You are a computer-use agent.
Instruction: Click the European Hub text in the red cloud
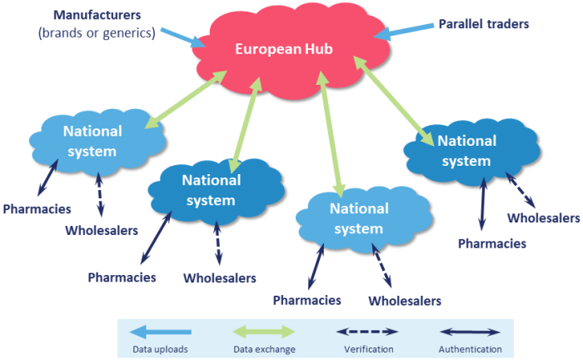pos(284,49)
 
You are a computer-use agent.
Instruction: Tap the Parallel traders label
pos(484,23)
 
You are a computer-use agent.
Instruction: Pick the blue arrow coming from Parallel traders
pos(404,31)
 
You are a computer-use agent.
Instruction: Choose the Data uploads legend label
pos(159,349)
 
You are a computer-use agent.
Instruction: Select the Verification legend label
pos(369,349)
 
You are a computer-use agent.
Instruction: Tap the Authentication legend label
pos(470,349)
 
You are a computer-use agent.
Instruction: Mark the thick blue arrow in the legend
pos(160,332)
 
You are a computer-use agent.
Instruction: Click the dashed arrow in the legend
pos(369,332)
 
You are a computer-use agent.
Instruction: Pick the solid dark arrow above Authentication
pos(470,332)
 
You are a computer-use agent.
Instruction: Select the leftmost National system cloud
pos(92,141)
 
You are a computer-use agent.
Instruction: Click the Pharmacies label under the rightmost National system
pos(492,243)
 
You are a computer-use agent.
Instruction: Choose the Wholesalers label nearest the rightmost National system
pos(543,217)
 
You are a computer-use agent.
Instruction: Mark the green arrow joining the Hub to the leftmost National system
pos(187,100)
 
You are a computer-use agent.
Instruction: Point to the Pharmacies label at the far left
pos(37,208)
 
